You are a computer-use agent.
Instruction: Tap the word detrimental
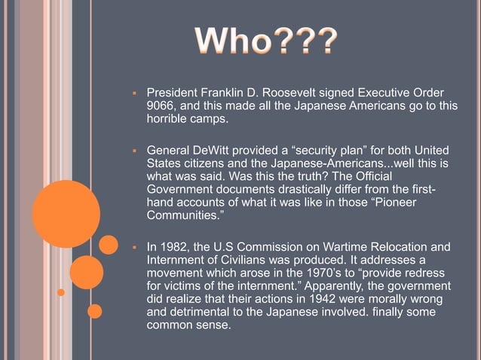203,315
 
